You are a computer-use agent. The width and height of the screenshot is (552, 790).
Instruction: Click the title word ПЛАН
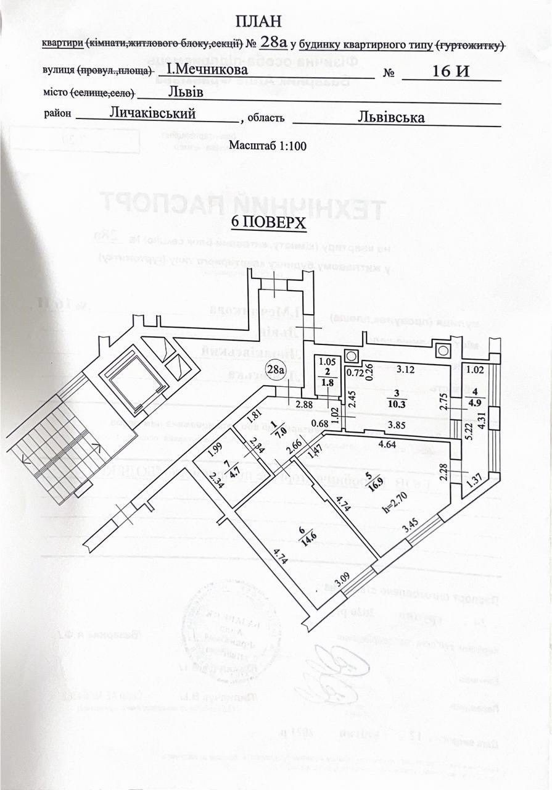258,21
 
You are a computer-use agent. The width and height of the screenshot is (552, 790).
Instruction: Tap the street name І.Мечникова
208,70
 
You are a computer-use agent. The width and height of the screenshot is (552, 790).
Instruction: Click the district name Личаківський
153,113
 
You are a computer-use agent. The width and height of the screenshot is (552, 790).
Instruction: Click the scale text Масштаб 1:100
268,146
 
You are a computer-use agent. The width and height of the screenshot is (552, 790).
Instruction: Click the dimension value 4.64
387,443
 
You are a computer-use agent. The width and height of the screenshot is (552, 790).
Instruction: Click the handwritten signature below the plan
333,670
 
